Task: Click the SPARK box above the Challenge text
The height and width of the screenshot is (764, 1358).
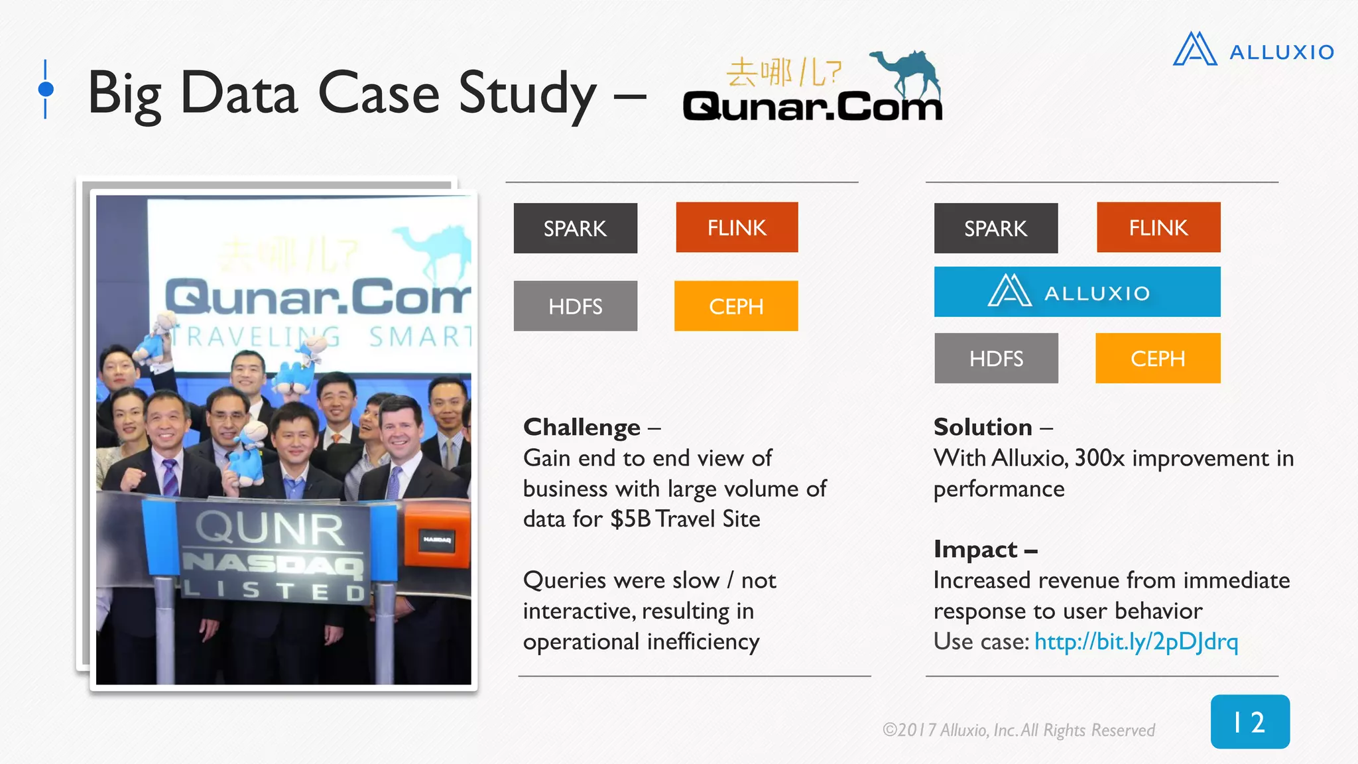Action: click(575, 228)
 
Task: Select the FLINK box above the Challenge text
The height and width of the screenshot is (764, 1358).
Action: click(737, 227)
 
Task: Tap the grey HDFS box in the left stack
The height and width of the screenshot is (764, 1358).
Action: click(575, 306)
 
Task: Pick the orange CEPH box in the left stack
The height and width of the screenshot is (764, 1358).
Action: click(736, 306)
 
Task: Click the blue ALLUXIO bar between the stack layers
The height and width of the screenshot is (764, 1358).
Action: click(1077, 292)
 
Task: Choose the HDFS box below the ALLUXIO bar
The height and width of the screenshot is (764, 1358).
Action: click(996, 358)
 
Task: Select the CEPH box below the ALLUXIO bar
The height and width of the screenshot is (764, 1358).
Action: click(1158, 358)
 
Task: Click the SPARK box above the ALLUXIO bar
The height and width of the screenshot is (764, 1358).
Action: click(995, 228)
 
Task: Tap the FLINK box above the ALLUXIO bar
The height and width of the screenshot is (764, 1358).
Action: click(1158, 227)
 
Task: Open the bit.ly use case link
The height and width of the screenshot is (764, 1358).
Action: click(1136, 641)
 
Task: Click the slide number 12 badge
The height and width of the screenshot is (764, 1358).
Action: click(1250, 722)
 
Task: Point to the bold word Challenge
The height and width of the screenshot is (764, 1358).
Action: click(582, 428)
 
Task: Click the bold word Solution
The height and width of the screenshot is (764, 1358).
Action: click(983, 427)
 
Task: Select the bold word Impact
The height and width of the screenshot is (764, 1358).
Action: click(975, 549)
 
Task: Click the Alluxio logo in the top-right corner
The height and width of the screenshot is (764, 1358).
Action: click(1253, 50)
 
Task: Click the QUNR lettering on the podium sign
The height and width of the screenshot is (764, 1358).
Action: click(270, 529)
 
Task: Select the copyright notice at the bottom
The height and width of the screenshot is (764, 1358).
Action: click(1018, 730)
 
